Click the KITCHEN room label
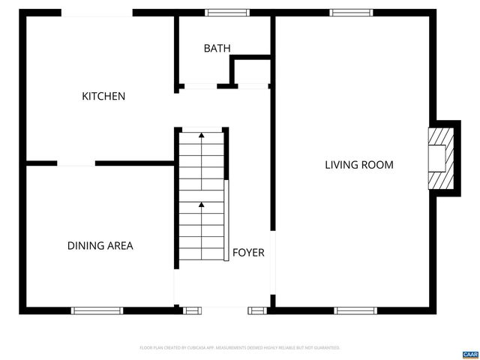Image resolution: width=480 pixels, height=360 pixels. [x=103, y=96]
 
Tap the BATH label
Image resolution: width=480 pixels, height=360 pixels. [x=217, y=48]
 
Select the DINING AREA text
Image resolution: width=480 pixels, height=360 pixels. [x=100, y=245]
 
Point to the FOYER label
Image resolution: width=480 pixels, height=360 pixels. [x=248, y=253]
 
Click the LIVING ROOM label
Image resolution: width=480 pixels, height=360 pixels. [x=358, y=165]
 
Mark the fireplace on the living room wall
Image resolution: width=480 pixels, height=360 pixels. [x=439, y=157]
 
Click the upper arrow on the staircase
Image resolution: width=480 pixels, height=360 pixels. [x=201, y=136]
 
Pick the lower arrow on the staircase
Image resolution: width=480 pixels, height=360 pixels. [x=201, y=204]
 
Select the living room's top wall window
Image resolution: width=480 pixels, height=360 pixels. [x=351, y=12]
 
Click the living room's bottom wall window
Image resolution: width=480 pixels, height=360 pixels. [x=355, y=310]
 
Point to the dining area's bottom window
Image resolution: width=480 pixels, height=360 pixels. [x=97, y=310]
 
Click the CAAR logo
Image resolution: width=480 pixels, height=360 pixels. [x=469, y=353]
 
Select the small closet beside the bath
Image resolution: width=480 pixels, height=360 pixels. [x=250, y=73]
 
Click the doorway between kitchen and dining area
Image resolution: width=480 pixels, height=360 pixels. [x=76, y=163]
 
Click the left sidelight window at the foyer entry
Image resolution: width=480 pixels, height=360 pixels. [x=192, y=310]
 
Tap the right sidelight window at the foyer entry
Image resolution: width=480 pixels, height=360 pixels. [x=257, y=310]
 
